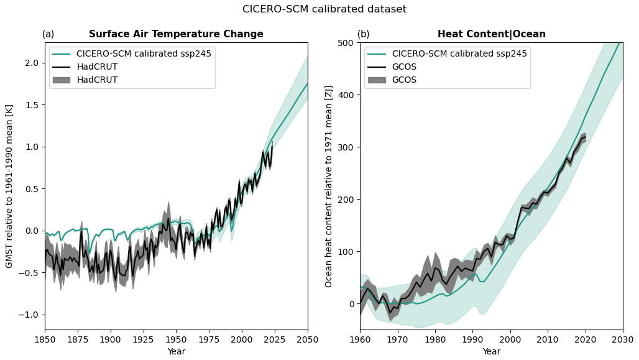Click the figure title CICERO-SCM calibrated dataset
[x=324, y=9]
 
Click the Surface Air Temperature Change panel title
[x=176, y=34]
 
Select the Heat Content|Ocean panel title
[x=491, y=34]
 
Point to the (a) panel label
[x=48, y=34]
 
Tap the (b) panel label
[x=363, y=34]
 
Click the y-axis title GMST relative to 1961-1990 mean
[x=9, y=187]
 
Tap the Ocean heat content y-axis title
[x=329, y=187]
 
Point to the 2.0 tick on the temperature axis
[x=31, y=63]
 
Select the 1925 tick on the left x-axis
[x=144, y=339]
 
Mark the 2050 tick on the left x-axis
[x=307, y=339]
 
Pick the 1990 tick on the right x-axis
[x=472, y=339]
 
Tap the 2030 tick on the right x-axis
[x=622, y=339]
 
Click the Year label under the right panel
[x=491, y=351]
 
